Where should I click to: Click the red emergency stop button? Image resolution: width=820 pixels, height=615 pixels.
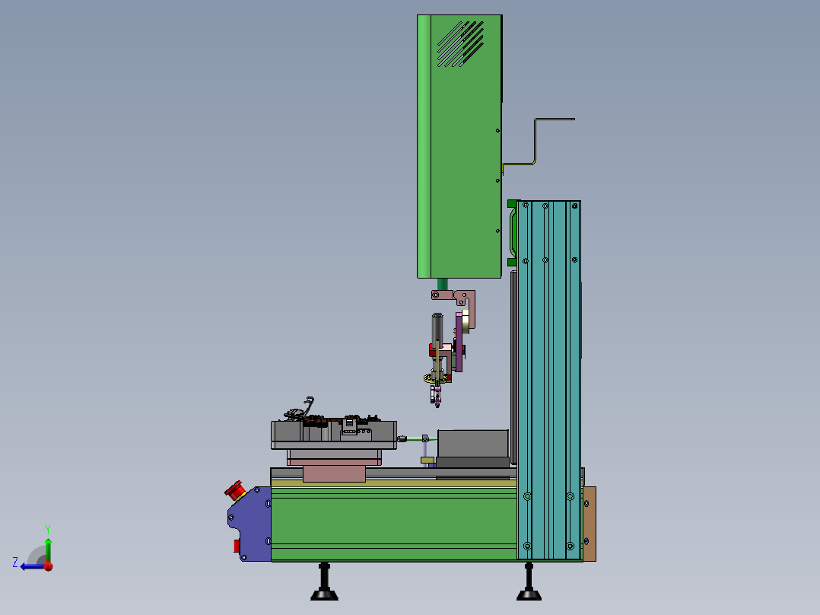[x=235, y=490]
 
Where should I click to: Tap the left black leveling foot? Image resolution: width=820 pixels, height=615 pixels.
[x=324, y=582]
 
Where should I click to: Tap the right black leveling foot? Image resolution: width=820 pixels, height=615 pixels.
[x=529, y=582]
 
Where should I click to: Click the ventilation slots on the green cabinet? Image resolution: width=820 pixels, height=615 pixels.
[x=460, y=44]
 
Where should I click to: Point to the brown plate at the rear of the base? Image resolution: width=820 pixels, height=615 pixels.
[x=590, y=524]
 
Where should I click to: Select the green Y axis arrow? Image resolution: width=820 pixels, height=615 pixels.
[x=48, y=550]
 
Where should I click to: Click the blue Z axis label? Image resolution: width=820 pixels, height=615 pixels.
[x=15, y=562]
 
